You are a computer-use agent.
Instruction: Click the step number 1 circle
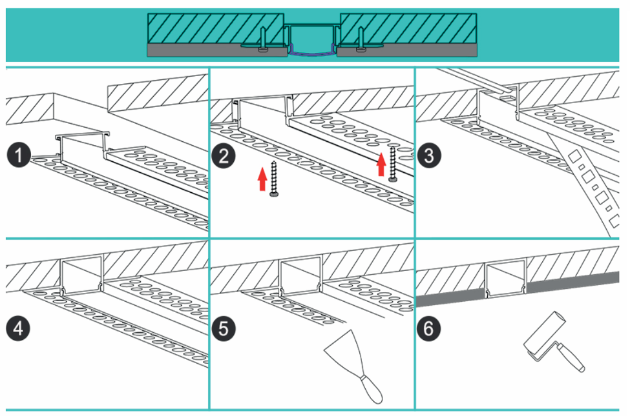[x=19, y=155]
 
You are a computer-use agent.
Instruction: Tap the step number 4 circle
[x=19, y=328]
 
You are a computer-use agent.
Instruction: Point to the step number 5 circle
[x=224, y=328]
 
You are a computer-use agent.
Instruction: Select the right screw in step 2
[x=392, y=164]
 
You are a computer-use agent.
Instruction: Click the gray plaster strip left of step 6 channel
[x=449, y=298]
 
